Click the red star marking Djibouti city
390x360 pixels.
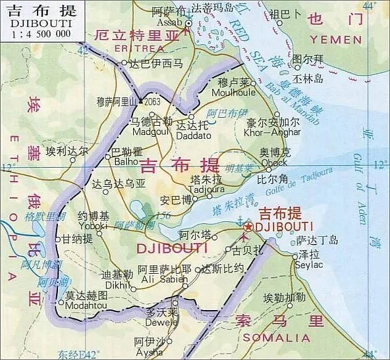tap(248, 227)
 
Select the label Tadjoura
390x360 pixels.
tap(207, 189)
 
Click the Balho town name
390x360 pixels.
tap(126, 162)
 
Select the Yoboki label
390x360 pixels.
tap(94, 226)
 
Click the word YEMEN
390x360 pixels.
tap(336, 39)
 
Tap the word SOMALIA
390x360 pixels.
tap(277, 337)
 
